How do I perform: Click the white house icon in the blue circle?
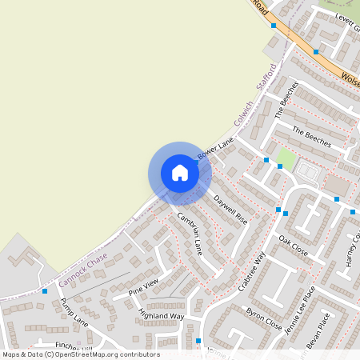click(180, 173)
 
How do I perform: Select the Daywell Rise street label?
click(230, 210)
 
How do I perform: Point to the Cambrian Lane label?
click(190, 233)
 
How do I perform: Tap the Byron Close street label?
click(263, 318)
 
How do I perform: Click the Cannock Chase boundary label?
click(82, 270)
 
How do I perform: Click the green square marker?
click(280, 166)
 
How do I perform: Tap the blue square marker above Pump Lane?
click(45, 291)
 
